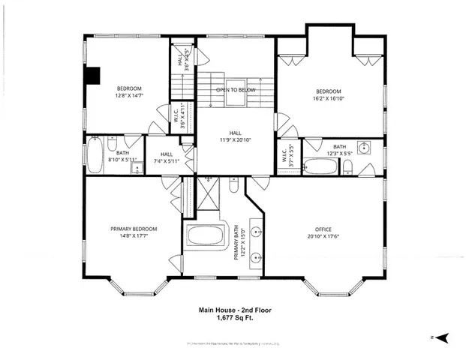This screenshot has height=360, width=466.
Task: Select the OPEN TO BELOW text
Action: point(236,90)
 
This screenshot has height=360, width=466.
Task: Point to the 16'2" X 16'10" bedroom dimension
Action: point(329,98)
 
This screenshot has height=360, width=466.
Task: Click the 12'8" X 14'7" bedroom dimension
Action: point(128,96)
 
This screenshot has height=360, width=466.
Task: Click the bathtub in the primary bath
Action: point(206,235)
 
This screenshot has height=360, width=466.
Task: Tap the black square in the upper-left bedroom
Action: point(92,76)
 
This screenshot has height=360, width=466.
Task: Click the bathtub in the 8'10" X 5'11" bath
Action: point(95,154)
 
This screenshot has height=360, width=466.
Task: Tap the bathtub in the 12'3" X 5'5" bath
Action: point(322,166)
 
